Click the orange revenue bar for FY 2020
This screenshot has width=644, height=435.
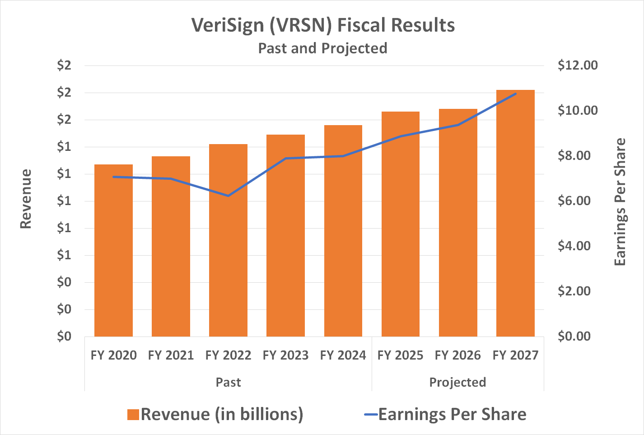tap(113, 251)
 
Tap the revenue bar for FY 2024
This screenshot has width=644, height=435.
tap(343, 231)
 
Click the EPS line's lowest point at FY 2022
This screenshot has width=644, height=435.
tap(228, 196)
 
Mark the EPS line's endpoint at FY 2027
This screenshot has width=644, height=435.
tap(515, 94)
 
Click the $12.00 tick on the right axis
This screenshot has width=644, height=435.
tap(577, 65)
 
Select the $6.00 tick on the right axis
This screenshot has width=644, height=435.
tap(574, 201)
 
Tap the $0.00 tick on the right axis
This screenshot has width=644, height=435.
tap(574, 337)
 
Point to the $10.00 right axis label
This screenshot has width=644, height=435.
tap(577, 111)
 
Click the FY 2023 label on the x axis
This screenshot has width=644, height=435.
tap(285, 355)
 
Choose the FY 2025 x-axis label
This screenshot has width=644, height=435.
tap(400, 355)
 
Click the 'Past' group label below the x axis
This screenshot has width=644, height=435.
tap(228, 383)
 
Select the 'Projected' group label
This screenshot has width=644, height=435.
tap(457, 383)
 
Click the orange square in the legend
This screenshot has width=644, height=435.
tap(133, 415)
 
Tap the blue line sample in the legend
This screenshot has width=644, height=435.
tap(370, 415)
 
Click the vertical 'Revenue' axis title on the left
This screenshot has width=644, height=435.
tap(26, 199)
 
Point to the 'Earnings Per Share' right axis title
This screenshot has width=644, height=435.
tap(620, 202)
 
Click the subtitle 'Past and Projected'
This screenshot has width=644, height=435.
tap(322, 48)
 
